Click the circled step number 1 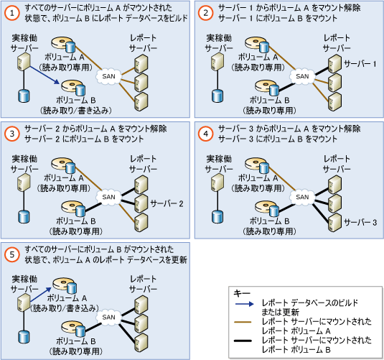pyautogui.click(x=11, y=13)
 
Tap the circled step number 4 pyautogui.click(x=205, y=134)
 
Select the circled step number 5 pyautogui.click(x=11, y=254)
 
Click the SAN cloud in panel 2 pyautogui.click(x=302, y=76)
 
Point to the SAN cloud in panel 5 pyautogui.click(x=108, y=318)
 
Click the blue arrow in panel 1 pyautogui.click(x=45, y=75)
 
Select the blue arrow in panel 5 pyautogui.click(x=41, y=295)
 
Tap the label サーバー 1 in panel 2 pyautogui.click(x=360, y=64)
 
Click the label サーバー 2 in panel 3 pyautogui.click(x=167, y=203)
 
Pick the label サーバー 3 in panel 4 pyautogui.click(x=360, y=223)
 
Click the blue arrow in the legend pyautogui.click(x=245, y=304)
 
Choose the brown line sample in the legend pyautogui.click(x=243, y=322)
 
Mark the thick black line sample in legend pyautogui.click(x=243, y=341)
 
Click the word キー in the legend pyautogui.click(x=242, y=293)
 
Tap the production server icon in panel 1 pyautogui.click(x=24, y=62)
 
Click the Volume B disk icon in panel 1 pyautogui.click(x=73, y=88)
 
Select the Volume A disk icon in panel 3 pyautogui.click(x=63, y=165)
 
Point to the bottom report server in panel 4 pyautogui.click(x=334, y=223)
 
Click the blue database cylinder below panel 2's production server pyautogui.click(x=217, y=96)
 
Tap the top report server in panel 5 pyautogui.click(x=141, y=305)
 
